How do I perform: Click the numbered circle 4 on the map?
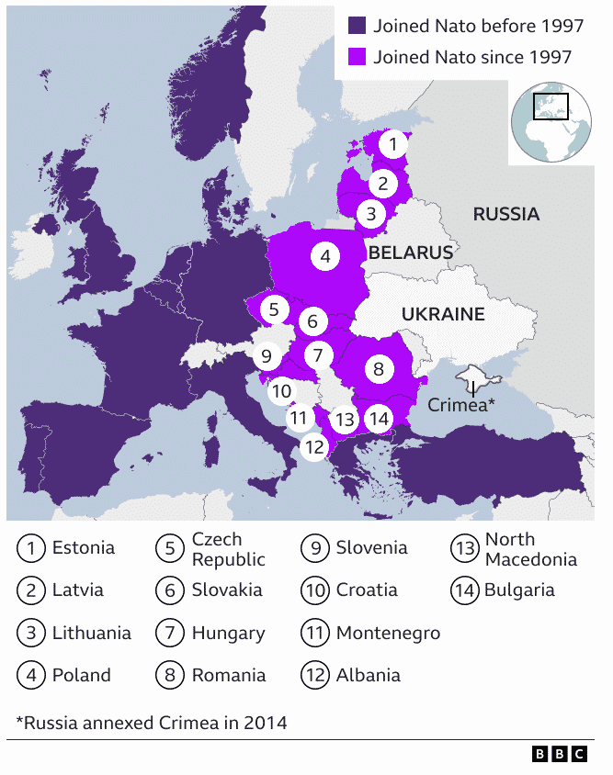[x=324, y=257]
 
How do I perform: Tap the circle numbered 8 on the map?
[x=378, y=370]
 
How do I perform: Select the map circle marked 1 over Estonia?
[x=392, y=144]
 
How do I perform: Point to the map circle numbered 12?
[x=314, y=447]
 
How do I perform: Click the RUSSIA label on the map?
[x=505, y=214]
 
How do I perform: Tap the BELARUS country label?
[x=411, y=252]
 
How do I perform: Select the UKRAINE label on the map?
[x=443, y=314]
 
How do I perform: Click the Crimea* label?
[x=462, y=404]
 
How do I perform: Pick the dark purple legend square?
[x=358, y=26]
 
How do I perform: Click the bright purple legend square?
[x=358, y=57]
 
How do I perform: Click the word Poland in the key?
[x=82, y=675]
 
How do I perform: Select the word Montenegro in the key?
[x=388, y=633]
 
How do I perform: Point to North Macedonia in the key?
[x=531, y=549]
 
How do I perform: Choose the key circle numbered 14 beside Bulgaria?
[x=465, y=590]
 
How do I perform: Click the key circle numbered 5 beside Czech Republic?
[x=171, y=549]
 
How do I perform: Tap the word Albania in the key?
[x=369, y=675]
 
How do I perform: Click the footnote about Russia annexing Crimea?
[x=152, y=723]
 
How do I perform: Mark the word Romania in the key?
[x=229, y=675]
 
